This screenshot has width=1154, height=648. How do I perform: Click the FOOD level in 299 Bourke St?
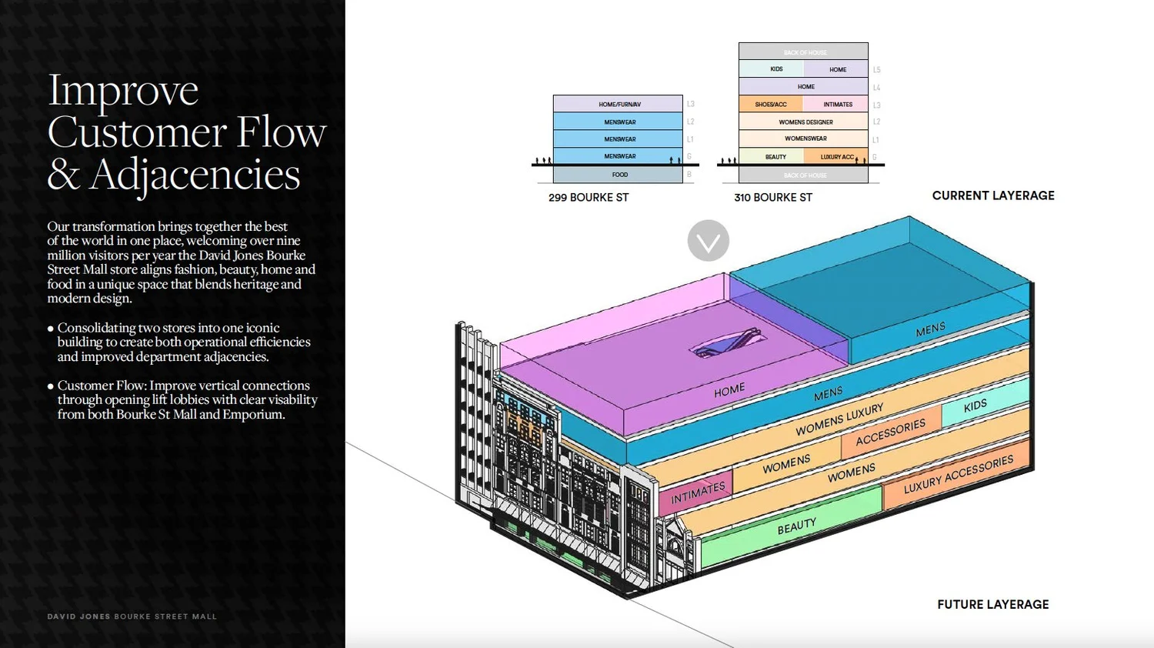click(x=619, y=175)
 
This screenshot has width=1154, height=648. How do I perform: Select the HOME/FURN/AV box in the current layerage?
click(x=619, y=104)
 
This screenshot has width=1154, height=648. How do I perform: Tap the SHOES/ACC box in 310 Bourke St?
click(x=770, y=104)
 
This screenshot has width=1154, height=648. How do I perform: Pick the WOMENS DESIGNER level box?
click(x=805, y=122)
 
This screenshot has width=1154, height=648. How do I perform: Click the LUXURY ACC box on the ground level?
click(x=836, y=157)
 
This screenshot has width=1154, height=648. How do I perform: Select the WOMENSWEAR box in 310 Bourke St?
click(x=805, y=139)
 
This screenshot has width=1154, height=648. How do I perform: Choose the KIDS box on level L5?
click(x=775, y=69)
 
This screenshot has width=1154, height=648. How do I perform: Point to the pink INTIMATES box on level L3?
click(x=837, y=104)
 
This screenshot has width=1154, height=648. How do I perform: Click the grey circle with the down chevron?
click(x=708, y=241)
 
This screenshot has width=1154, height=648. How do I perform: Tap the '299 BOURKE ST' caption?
click(x=589, y=198)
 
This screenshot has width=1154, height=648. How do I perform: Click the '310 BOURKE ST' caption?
click(x=773, y=198)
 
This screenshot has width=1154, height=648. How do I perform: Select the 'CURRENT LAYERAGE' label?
click(x=993, y=195)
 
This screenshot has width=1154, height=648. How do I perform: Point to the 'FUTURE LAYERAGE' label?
click(x=993, y=605)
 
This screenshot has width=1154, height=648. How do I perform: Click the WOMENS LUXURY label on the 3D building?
click(x=839, y=419)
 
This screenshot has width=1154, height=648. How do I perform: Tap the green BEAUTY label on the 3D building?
click(x=796, y=526)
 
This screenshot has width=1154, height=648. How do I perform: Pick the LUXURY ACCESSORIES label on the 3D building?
click(x=959, y=474)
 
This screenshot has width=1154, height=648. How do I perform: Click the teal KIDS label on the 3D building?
click(x=975, y=406)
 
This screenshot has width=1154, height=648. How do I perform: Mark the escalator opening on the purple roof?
click(x=728, y=343)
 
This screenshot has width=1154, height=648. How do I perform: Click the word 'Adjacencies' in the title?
click(x=195, y=175)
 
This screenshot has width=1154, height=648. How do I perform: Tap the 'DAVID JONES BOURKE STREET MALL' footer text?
click(x=132, y=616)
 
